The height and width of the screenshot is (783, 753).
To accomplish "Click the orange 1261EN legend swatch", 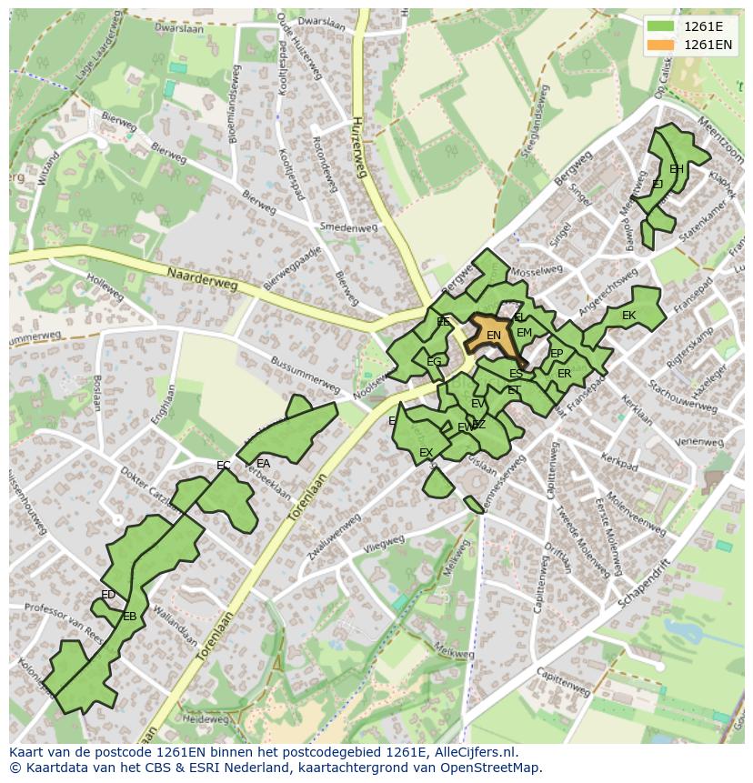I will [x=661, y=45].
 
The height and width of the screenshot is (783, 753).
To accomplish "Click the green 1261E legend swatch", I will [x=661, y=26].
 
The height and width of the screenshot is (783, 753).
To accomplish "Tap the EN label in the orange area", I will [x=494, y=336].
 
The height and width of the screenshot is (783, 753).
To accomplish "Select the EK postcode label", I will [x=628, y=316].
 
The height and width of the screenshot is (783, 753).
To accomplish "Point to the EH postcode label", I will [x=677, y=169].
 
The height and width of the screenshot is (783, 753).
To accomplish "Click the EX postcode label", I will [x=426, y=452].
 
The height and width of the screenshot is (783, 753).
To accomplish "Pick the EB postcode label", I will [x=129, y=617].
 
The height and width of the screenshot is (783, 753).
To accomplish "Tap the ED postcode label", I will [x=108, y=595].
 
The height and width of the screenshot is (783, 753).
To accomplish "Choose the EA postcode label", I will [x=264, y=463].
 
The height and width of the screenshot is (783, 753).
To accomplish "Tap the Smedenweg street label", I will [x=347, y=227].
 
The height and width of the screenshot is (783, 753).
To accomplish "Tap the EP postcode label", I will [x=557, y=354].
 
